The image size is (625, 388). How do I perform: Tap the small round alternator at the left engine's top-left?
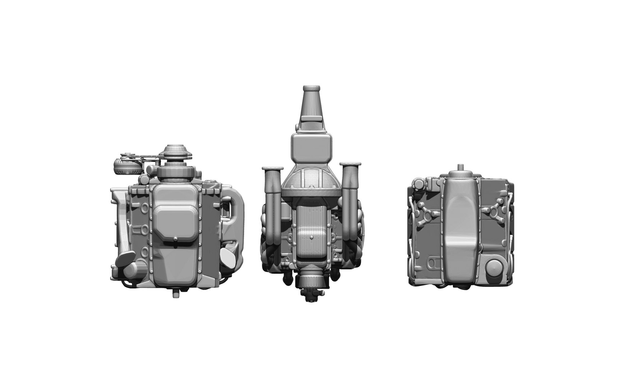point(123,166)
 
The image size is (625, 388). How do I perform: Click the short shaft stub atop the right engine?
point(460,168)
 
